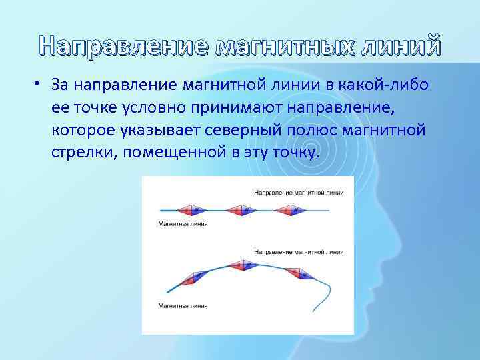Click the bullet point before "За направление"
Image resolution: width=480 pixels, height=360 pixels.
[40, 84]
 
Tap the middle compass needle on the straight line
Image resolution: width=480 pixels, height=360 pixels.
[241, 210]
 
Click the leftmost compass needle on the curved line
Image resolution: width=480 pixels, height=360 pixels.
[194, 279]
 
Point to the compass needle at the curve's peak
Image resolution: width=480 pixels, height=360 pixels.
[243, 265]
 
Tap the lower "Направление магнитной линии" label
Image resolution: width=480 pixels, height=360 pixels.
[299, 253]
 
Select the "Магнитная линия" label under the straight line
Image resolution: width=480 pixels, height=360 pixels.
[183, 224]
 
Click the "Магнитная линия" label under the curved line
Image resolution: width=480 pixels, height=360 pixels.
[183, 306]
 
